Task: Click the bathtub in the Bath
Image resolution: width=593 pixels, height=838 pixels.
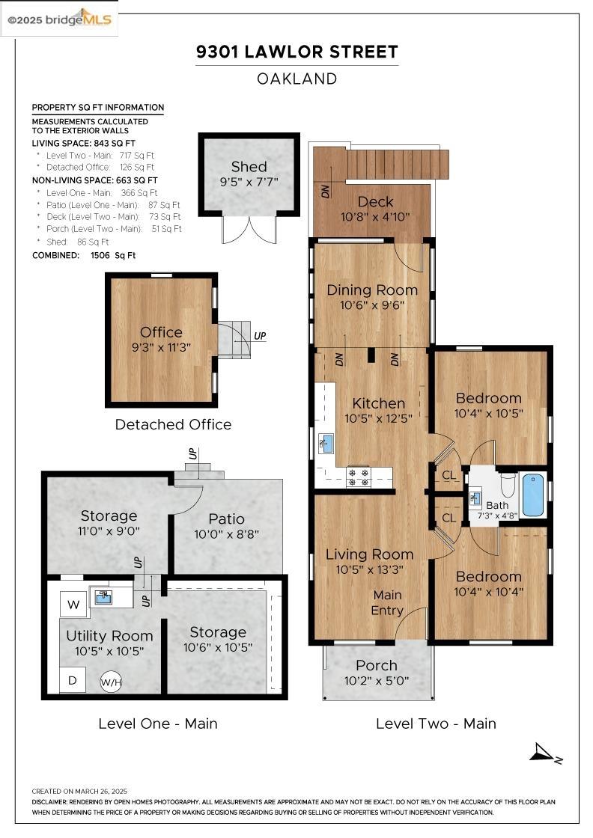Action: (x=532, y=495)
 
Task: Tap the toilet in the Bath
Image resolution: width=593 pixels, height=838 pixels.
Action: (x=508, y=483)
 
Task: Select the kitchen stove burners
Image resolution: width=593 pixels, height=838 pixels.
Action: (x=358, y=477)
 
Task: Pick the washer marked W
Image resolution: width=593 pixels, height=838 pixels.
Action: (x=73, y=605)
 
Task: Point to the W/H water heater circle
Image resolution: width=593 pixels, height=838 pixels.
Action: (x=112, y=682)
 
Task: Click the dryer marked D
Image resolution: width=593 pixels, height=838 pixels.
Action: (x=73, y=680)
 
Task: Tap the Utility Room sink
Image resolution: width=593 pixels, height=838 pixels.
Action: (x=104, y=597)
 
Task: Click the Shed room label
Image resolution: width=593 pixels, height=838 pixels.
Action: (x=249, y=167)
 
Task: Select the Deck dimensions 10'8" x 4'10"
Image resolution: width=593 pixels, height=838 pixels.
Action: (x=375, y=217)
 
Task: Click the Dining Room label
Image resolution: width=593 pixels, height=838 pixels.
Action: (x=372, y=290)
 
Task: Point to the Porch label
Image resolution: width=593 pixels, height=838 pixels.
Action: (x=377, y=665)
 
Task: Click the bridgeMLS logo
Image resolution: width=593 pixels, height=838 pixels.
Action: (x=59, y=19)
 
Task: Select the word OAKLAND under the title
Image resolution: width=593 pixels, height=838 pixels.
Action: (x=296, y=79)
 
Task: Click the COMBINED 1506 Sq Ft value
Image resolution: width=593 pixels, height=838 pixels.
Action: (x=113, y=255)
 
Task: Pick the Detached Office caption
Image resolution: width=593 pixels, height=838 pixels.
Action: (x=173, y=425)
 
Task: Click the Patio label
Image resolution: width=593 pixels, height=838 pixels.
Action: (x=227, y=519)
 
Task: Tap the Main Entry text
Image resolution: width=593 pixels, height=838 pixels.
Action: (x=388, y=603)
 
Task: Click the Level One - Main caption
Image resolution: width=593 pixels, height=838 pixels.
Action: (x=158, y=724)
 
